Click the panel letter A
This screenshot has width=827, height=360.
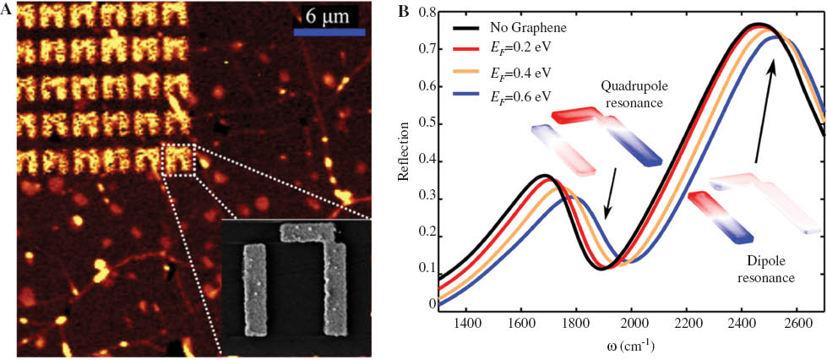click(8, 11)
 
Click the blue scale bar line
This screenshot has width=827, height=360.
click(329, 32)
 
